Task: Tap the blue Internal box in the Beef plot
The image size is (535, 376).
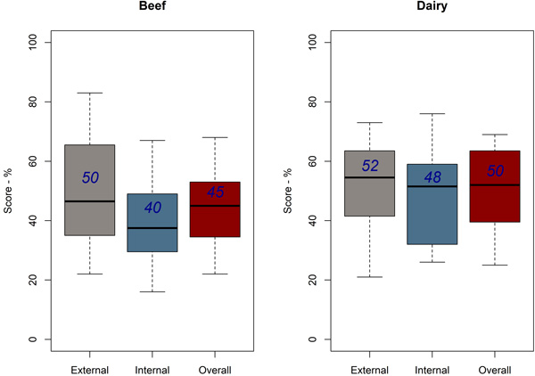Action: tap(152, 241)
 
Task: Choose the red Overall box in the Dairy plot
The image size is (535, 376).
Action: tap(496, 214)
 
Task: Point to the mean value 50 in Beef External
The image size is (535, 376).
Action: tap(90, 177)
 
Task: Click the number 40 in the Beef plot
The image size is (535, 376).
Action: tap(152, 208)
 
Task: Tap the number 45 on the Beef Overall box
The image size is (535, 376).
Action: tap(215, 192)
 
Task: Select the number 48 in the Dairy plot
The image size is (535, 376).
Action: tap(432, 177)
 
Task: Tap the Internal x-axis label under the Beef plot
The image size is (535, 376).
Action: tap(152, 369)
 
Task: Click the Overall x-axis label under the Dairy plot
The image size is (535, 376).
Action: tap(496, 369)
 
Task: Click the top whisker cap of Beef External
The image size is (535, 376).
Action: tap(90, 93)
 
